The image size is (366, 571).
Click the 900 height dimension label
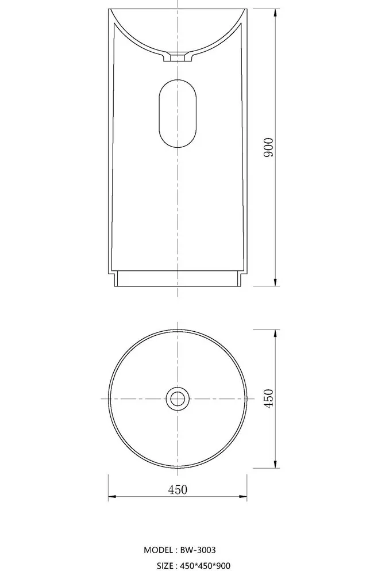269,147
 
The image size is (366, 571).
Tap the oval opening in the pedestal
177,113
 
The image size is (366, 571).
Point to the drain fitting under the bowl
177,57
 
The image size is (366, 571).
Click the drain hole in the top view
177,398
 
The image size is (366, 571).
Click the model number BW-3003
198,550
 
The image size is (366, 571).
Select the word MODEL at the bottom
158,550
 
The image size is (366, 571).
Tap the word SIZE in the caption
165,566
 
